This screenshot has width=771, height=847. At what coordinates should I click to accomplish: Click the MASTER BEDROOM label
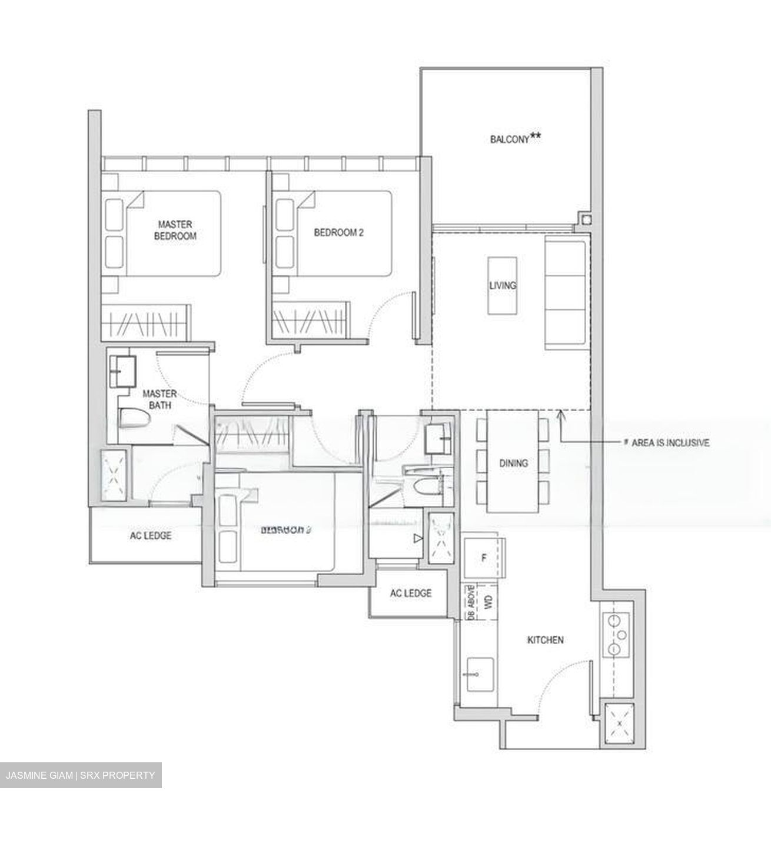175,230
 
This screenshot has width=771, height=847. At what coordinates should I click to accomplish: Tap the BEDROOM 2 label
338,232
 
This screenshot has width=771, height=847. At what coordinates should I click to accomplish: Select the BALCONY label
509,139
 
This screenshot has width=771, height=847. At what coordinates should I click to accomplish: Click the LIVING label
503,285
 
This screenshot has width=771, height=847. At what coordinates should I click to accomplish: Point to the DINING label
513,463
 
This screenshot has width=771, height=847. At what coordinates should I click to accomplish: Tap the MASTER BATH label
159,399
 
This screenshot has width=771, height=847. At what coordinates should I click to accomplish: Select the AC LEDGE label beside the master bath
151,535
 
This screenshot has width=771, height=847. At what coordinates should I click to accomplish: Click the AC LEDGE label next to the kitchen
410,593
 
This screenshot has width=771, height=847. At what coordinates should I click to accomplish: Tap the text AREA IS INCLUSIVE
670,443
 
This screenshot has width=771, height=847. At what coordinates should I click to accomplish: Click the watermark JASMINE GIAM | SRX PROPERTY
81,775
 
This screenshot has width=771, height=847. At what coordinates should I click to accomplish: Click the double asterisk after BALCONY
536,136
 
